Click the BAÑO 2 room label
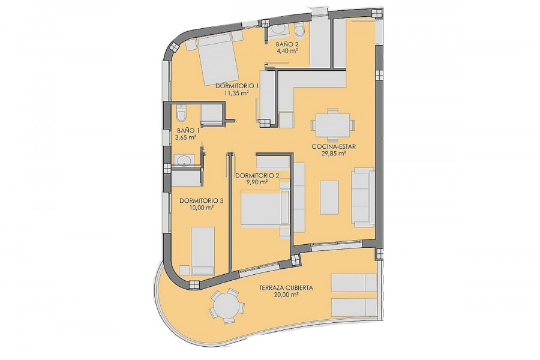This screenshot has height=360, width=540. [287, 44]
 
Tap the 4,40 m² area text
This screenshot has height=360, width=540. [287, 50]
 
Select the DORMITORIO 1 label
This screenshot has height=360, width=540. [237, 86]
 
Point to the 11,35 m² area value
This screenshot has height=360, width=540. [236, 92]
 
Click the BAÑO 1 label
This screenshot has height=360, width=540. [188, 131]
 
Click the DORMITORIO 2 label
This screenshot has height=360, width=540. [257, 175]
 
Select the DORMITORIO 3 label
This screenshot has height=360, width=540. [202, 200]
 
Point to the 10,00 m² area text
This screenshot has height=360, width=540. [202, 208]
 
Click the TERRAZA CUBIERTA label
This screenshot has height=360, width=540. [286, 287]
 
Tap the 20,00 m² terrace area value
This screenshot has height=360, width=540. [286, 295]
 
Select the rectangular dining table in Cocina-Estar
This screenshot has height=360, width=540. [333, 125]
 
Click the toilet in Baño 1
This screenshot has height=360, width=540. [181, 113]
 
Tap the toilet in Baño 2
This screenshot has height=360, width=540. [299, 31]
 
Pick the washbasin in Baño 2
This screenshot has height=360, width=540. [279, 30]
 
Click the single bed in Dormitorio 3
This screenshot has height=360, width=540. [203, 250]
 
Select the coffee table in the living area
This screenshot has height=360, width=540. [329, 197]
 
